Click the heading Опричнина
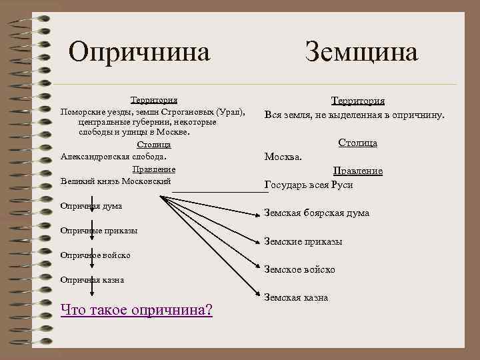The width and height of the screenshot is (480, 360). (139, 51)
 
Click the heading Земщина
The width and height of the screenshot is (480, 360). (361, 51)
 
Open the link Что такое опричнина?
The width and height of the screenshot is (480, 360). (136, 309)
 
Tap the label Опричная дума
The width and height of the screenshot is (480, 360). (91, 206)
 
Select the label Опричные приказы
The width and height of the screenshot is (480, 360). (99, 231)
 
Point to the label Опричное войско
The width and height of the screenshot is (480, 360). (95, 255)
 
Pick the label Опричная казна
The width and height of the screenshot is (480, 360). (92, 280)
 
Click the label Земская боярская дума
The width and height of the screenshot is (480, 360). (317, 213)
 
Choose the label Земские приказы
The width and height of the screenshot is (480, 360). (303, 241)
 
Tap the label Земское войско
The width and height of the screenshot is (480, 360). (300, 269)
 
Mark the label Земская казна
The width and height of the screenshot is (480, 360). (296, 297)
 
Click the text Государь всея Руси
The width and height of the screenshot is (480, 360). (309, 185)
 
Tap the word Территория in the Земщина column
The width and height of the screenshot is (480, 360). (358, 101)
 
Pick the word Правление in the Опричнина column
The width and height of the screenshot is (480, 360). (153, 169)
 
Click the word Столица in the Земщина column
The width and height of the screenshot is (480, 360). (358, 143)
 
